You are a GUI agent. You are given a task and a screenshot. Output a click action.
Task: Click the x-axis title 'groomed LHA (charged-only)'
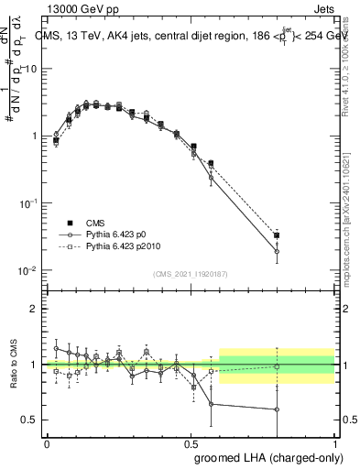pyautogui.click(x=263, y=457)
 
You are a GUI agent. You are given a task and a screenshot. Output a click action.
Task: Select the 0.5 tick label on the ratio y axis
pyautogui.click(x=33, y=420)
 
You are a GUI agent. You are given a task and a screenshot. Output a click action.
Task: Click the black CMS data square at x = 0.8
pyautogui.click(x=277, y=235)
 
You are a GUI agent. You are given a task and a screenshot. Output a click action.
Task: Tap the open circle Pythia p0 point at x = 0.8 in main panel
pyautogui.click(x=277, y=252)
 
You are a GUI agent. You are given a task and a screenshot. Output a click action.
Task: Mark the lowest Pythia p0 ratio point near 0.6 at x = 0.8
pyautogui.click(x=277, y=409)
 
